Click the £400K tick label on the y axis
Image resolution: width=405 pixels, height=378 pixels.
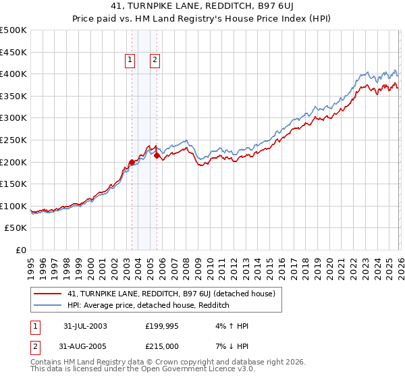click(13, 74)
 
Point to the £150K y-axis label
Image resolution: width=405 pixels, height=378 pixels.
click(13, 184)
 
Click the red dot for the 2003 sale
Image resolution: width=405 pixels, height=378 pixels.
click(132, 162)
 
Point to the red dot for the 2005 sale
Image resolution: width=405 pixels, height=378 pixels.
click(157, 155)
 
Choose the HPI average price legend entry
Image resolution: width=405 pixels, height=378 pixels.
click(148, 306)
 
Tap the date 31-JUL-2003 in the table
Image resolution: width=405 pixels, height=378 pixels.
click(85, 325)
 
